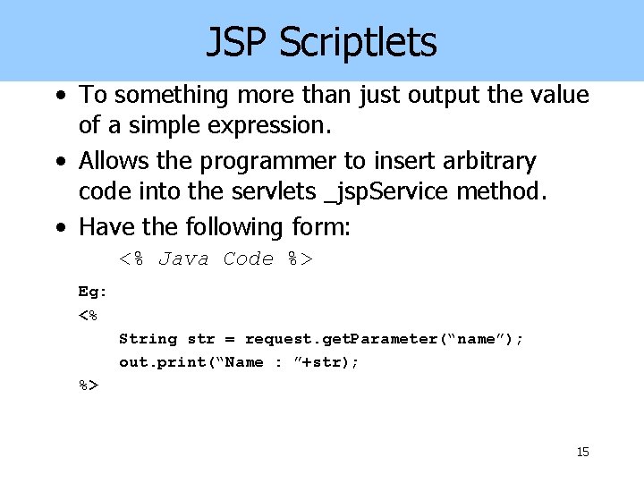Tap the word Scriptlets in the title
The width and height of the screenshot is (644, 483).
358,42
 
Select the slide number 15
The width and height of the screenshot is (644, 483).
582,453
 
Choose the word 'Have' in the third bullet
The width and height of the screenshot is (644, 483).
103,227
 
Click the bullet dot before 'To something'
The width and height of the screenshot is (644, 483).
59,96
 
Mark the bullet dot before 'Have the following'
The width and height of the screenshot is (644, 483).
59,228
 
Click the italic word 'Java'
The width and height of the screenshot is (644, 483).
183,259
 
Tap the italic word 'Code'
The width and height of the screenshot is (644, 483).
248,259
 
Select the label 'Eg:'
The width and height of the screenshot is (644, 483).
92,292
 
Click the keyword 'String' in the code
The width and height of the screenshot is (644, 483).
148,339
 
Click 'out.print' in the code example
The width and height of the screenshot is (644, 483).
160,362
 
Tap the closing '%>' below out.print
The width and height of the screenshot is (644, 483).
89,386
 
